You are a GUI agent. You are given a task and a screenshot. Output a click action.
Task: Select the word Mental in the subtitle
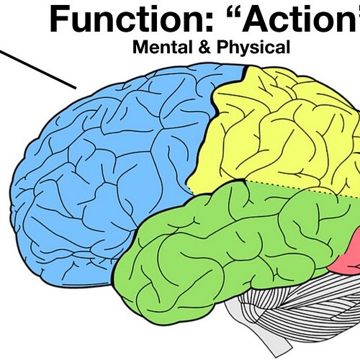[163, 47]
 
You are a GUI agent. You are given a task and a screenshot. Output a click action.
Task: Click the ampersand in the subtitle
[204, 47]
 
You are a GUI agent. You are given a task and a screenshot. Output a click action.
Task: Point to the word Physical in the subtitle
[253, 48]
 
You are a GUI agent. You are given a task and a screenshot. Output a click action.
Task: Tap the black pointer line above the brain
[38, 69]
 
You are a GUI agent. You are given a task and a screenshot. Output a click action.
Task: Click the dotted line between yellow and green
[302, 189]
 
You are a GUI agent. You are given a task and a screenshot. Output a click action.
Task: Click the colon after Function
[209, 22]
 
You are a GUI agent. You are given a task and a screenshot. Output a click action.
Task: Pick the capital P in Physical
[222, 47]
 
